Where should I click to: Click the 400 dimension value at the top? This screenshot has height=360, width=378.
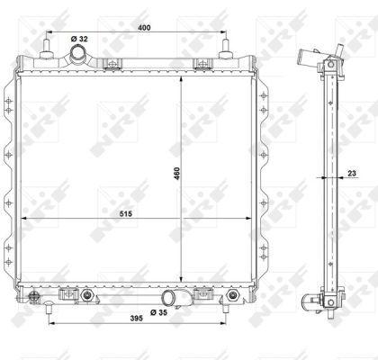144,28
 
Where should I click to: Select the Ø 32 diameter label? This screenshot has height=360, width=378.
79,39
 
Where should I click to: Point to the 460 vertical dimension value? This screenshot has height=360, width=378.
176,174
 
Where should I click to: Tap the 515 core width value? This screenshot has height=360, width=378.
126,213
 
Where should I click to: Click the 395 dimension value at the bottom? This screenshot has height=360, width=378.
136,319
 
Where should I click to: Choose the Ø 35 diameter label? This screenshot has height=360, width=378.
158,312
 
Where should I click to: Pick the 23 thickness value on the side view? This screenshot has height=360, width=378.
352,173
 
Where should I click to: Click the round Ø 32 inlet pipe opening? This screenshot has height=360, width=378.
78,53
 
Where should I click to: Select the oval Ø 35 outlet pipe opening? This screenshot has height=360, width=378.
169,298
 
